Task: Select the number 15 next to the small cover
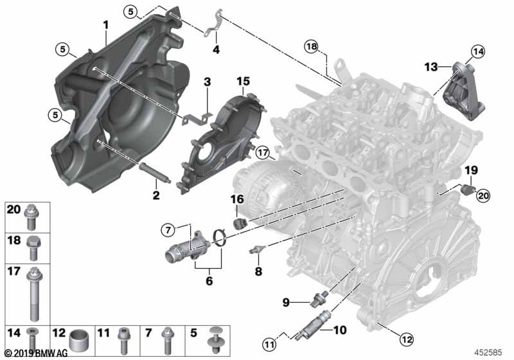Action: click(x=242, y=81)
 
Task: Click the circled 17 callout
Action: click(x=261, y=153)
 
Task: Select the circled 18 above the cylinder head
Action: click(x=311, y=46)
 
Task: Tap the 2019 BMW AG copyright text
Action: click(x=30, y=353)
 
